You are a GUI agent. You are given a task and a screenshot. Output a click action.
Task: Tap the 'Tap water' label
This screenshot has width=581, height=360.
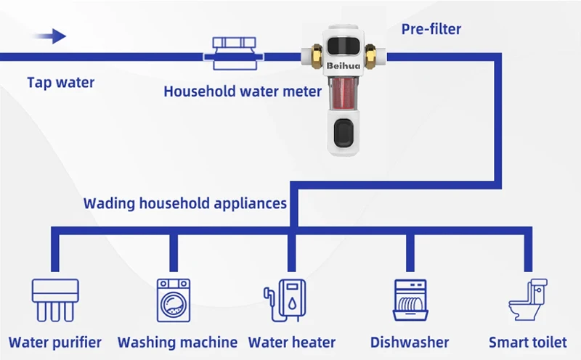click(61, 82)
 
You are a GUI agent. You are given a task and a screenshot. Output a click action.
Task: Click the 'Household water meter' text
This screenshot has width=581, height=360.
click(242, 91)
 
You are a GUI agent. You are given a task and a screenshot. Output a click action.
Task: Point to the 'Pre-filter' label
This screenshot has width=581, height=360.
click(431, 30)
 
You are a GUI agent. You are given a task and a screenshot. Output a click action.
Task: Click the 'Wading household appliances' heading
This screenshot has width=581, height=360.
click(185, 202)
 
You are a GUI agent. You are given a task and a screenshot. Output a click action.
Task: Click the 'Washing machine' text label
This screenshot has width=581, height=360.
click(177, 342)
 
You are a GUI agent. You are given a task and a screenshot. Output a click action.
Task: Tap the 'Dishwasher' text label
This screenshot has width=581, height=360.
click(410, 342)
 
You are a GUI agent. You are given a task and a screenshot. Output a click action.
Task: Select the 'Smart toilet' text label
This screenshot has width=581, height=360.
click(527, 342)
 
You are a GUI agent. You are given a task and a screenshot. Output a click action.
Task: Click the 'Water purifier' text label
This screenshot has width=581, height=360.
click(55, 342)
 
